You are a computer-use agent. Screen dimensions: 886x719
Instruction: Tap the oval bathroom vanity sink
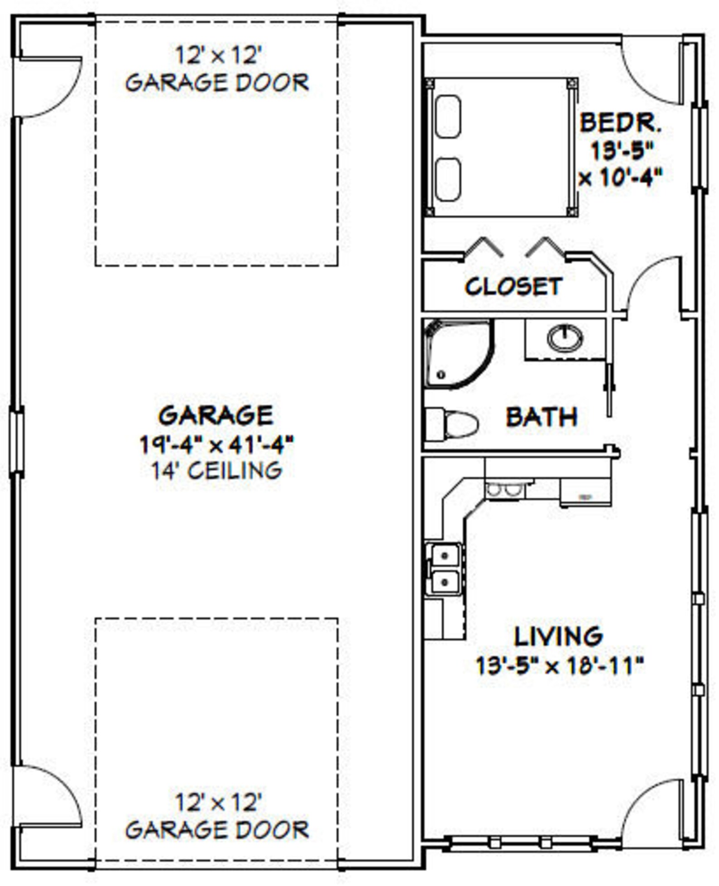[x=565, y=338]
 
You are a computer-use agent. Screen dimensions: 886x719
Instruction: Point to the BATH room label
[x=542, y=417]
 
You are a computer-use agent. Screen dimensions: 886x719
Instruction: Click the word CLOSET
[x=513, y=287]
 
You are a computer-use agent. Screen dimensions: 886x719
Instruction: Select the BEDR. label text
[x=620, y=123]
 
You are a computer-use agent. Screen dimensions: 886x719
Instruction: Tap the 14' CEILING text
[x=216, y=471]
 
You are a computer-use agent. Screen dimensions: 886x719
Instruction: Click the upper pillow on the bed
[x=448, y=116]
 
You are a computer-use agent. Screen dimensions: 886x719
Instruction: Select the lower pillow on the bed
[x=448, y=179]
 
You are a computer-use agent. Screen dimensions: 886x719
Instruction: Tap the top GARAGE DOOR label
[x=217, y=83]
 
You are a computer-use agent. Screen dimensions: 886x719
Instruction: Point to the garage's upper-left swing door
[x=50, y=86]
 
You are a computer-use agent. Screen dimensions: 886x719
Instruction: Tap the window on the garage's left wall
[x=17, y=441]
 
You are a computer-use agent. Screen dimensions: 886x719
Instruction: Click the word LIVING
[x=558, y=636]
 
